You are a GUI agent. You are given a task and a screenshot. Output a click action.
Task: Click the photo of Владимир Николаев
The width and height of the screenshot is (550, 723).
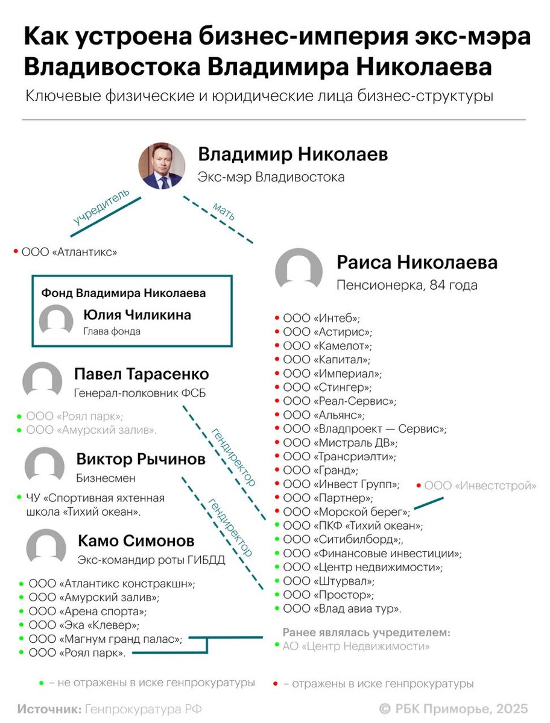(162, 165)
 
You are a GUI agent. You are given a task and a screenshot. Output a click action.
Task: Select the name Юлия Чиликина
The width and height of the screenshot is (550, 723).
(137, 315)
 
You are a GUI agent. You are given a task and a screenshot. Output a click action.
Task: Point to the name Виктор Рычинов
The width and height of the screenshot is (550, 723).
(141, 460)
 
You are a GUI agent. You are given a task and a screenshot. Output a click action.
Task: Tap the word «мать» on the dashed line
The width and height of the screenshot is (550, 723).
(223, 211)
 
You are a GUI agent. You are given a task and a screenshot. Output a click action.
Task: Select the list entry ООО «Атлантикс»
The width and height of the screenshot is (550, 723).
(69, 252)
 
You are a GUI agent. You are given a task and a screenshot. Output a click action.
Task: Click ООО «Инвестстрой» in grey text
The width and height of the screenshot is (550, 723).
(480, 486)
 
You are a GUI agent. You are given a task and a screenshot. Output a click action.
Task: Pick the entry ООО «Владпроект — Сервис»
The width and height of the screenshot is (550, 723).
(364, 429)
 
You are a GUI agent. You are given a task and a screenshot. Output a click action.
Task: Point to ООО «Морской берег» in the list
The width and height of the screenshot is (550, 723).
(346, 512)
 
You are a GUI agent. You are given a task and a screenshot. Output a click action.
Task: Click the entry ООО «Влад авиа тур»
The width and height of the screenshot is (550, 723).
(342, 609)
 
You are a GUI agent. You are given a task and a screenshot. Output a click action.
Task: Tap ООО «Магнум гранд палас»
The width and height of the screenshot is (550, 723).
(105, 639)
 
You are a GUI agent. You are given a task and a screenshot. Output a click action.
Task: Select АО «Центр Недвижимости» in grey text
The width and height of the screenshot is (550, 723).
(356, 646)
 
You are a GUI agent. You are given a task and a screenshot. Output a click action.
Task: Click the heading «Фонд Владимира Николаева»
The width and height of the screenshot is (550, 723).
(124, 293)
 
